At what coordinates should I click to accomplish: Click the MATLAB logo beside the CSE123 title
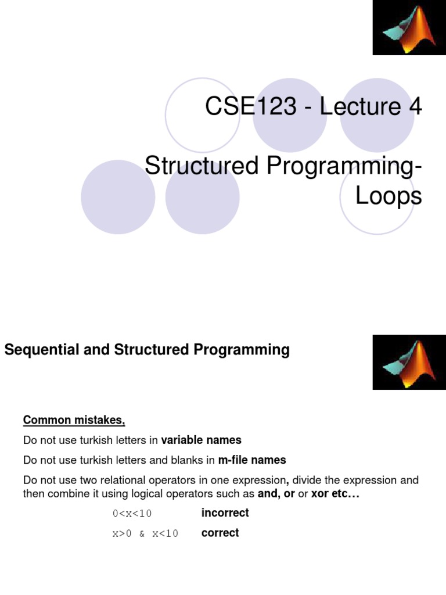point(409,27)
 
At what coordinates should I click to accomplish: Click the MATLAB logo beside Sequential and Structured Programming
point(409,361)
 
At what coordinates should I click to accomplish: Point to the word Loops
point(388,196)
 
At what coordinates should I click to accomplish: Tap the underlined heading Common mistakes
point(74,420)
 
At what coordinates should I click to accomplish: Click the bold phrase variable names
point(201,440)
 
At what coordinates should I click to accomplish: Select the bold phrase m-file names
point(252,460)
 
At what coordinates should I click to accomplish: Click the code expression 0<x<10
point(132,514)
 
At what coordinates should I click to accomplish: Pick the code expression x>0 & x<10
point(145,534)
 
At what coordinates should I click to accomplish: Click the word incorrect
point(225,513)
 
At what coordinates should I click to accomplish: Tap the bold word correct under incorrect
point(220,533)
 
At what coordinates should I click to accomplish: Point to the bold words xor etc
point(335,494)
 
